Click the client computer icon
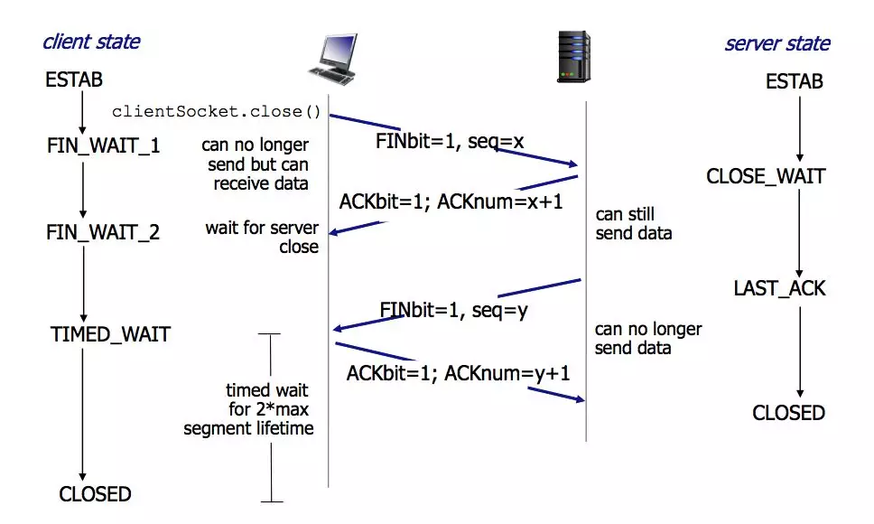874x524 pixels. (x=333, y=60)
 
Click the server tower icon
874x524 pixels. (x=573, y=57)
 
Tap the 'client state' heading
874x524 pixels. (x=91, y=42)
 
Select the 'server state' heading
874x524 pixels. (x=777, y=43)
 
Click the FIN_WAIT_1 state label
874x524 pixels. (x=103, y=146)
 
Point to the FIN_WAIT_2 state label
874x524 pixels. (x=103, y=232)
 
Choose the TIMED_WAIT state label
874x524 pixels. (x=110, y=334)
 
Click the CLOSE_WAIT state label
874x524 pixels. (x=766, y=177)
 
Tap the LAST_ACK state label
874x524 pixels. (x=779, y=289)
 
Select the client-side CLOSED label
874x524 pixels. (x=96, y=494)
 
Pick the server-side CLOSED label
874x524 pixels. (x=788, y=413)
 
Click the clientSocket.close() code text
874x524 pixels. (x=217, y=111)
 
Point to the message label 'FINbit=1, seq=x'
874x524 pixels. (x=450, y=142)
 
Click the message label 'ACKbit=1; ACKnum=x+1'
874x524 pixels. (x=451, y=201)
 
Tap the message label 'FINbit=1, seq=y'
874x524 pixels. (x=454, y=310)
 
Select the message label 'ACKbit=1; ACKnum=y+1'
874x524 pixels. (x=458, y=373)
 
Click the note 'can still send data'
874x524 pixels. (x=634, y=223)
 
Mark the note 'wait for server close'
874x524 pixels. (x=262, y=237)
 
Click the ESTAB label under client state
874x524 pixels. (x=74, y=80)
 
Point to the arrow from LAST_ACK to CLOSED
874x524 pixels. (x=800, y=351)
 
